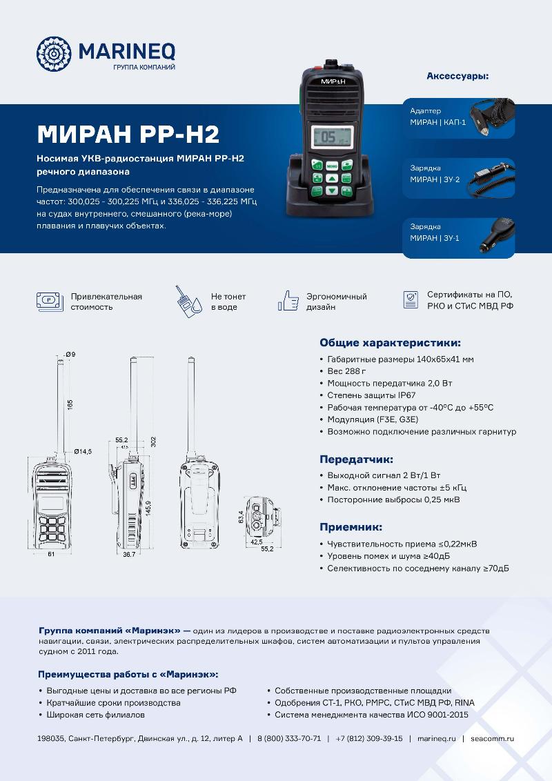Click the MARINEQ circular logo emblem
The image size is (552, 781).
[54, 53]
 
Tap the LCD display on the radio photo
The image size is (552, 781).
[331, 137]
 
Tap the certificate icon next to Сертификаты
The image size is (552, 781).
[411, 299]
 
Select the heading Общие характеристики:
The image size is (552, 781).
[390, 342]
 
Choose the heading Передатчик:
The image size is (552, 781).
[356, 459]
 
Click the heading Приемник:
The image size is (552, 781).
[351, 526]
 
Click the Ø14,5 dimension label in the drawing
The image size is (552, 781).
[83, 451]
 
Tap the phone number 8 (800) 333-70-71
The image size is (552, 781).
[289, 738]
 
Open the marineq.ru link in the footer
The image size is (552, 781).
[437, 738]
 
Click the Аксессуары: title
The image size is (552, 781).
[457, 76]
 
